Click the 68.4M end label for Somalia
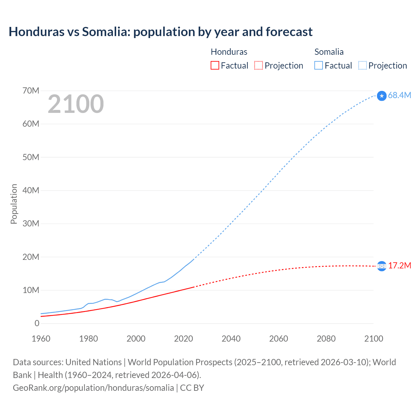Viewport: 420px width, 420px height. [x=399, y=95]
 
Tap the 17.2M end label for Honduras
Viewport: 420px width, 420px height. [x=399, y=265]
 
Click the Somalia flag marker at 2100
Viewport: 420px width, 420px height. [x=382, y=96]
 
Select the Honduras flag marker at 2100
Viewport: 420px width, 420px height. [x=382, y=266]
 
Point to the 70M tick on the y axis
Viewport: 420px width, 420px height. [x=31, y=91]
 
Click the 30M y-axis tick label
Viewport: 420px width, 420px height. [x=31, y=223]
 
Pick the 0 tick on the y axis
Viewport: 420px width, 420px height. [x=37, y=323]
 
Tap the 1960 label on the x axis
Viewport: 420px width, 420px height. [x=41, y=339]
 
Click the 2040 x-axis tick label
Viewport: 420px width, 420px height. [x=231, y=339]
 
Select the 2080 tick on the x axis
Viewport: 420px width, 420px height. [x=326, y=339]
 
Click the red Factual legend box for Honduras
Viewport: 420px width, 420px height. [x=215, y=65]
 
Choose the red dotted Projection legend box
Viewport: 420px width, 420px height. [x=259, y=65]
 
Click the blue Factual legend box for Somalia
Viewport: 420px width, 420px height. [x=319, y=65]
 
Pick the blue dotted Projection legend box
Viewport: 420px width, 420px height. [x=362, y=65]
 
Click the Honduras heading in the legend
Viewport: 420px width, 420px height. [x=229, y=52]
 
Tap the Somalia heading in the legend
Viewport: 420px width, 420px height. [x=329, y=52]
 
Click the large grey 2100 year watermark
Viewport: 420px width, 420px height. [x=76, y=104]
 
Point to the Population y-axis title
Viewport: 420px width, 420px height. [x=14, y=204]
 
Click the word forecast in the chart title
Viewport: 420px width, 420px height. [x=289, y=32]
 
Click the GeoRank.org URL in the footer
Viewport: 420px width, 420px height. [x=93, y=388]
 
